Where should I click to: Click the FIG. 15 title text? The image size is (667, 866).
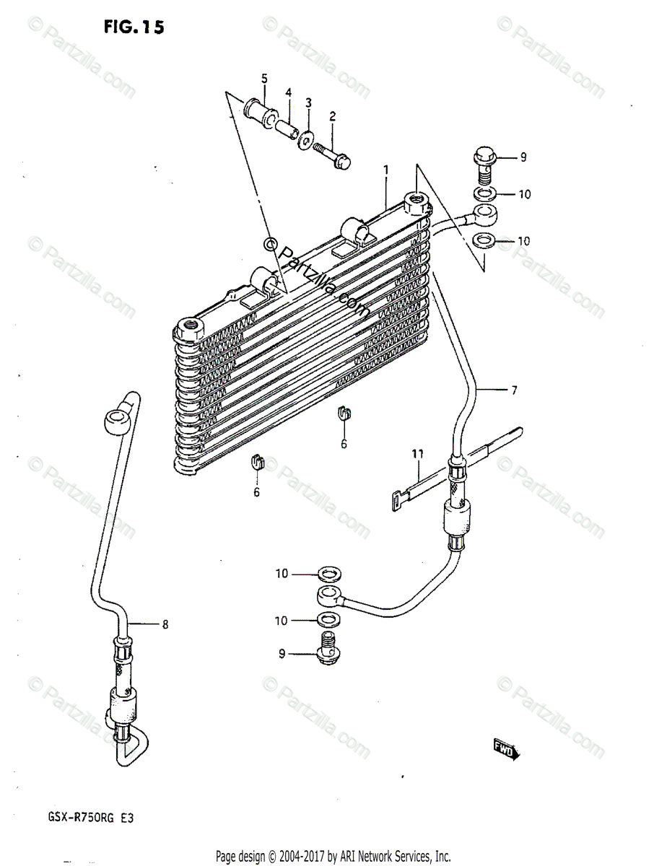click(134, 27)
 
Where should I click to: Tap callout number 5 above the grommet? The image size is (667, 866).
click(264, 78)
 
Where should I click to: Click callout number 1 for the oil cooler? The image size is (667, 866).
click(386, 170)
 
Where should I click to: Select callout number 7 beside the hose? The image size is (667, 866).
click(514, 391)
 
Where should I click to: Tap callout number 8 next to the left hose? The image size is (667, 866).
click(165, 625)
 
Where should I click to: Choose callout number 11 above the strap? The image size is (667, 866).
click(417, 454)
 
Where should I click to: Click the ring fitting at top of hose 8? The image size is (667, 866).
click(116, 421)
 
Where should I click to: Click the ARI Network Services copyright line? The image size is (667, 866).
click(333, 857)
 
